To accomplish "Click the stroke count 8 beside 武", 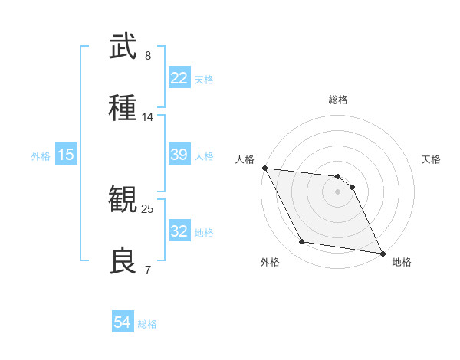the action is [148, 56].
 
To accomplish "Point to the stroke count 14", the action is [148, 117].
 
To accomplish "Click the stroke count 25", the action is [148, 208].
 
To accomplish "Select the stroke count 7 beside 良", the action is [148, 270].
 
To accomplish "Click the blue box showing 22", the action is [179, 78].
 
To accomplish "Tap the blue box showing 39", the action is [179, 155].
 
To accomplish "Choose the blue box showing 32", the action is [179, 231].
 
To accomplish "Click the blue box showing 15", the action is [66, 155].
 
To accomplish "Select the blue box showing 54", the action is [123, 322].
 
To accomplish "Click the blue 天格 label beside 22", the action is [204, 80].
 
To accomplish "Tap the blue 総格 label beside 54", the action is [147, 324].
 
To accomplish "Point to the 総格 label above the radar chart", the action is [338, 100].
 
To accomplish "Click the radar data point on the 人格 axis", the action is [264, 168].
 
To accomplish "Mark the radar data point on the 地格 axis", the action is [382, 252].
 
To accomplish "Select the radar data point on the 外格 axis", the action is [302, 242].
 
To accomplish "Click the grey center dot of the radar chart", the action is [337, 191].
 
